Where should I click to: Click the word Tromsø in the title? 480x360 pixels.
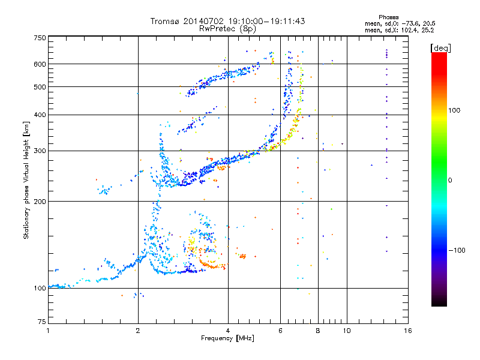point(164,21)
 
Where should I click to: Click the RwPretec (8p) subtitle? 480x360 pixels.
point(227,29)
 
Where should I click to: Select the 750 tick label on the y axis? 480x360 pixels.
point(40,38)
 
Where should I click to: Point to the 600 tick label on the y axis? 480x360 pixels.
point(40,64)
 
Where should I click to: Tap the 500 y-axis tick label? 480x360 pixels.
point(40,87)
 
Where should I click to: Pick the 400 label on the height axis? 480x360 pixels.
point(40,115)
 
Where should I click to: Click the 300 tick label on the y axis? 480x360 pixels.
point(40,151)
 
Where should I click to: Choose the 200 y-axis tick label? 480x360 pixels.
point(40,202)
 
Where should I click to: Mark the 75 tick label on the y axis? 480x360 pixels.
point(42,322)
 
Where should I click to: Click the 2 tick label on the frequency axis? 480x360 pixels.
point(138,331)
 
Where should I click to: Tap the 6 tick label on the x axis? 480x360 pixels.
point(280,331)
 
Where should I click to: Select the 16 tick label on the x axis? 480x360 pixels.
point(408,331)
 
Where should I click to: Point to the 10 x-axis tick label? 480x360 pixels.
point(347,331)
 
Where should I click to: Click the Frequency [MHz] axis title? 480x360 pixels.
point(227,338)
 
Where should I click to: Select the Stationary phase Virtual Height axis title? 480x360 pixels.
point(26,181)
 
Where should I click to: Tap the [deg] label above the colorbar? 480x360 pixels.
point(440,49)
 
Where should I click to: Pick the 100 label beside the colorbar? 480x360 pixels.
point(454,110)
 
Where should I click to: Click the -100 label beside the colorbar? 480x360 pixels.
point(457,250)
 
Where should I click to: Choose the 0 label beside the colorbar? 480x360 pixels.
point(450,181)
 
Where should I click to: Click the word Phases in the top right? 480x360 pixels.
point(388,17)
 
